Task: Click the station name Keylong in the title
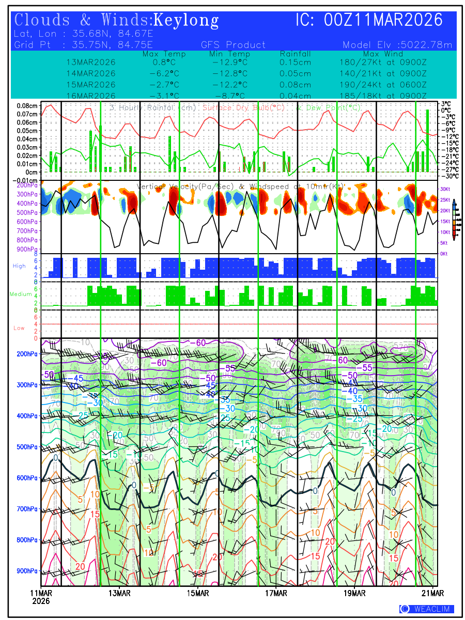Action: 187,21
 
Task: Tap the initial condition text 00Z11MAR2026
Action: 383,20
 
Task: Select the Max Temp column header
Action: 164,54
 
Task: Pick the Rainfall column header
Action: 296,54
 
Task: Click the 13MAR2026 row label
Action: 91,62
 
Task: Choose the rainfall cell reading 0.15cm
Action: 296,62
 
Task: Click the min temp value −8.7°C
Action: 230,96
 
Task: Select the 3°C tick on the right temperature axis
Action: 446,103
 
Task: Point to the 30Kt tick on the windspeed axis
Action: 444,189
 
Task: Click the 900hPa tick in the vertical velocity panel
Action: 27,250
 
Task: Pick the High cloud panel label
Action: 19,266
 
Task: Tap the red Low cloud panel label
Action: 19,328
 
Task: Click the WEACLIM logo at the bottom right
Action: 427,609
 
